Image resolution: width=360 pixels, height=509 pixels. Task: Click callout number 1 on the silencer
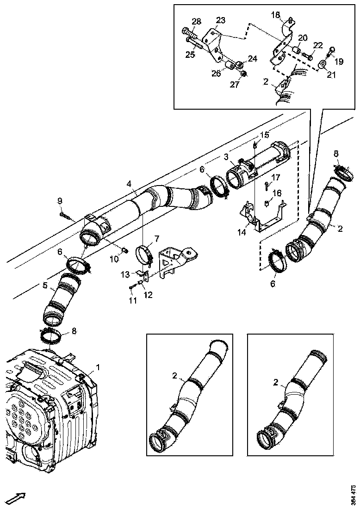98,367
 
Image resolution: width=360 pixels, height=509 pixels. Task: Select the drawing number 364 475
354,494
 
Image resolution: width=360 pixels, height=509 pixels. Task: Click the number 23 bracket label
220,20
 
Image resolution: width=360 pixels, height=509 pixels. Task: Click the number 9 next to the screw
60,200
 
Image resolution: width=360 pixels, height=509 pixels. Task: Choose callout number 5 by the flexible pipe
45,286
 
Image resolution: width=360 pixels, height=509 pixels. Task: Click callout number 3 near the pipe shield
226,158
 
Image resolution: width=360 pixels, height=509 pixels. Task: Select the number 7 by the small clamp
156,238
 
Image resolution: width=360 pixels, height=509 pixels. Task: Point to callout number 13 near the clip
125,275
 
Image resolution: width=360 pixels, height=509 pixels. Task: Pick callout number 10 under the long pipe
114,260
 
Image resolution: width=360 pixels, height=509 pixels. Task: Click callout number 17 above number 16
275,177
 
